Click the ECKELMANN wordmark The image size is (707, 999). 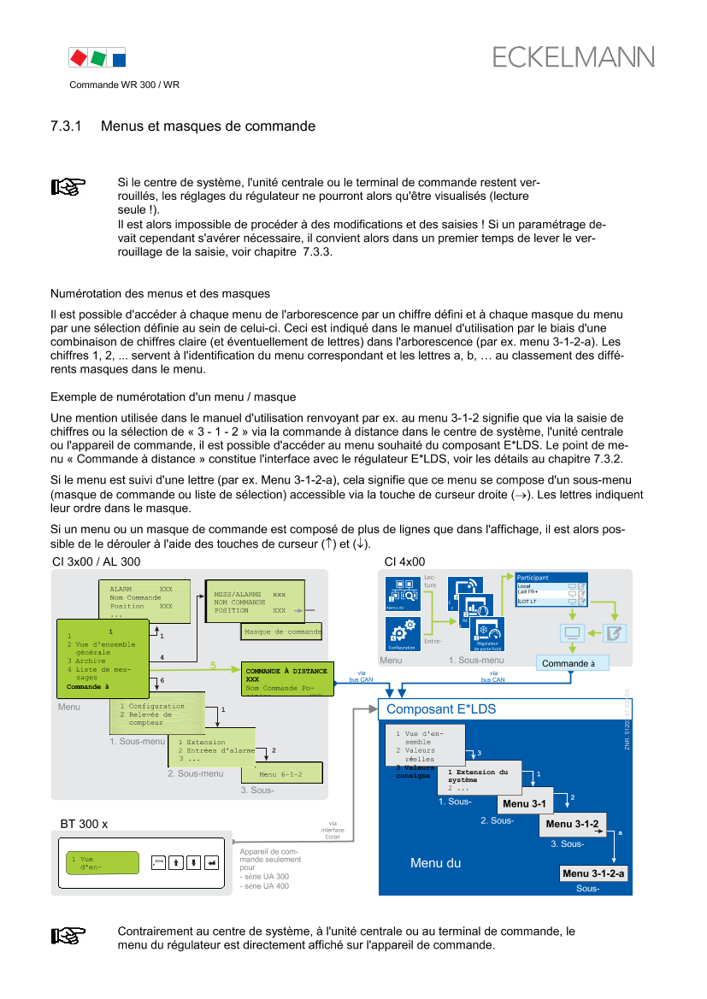coord(573,57)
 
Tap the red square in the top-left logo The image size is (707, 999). coord(78,58)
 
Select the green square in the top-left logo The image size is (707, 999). coord(99,58)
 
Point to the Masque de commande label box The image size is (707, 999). coord(281,632)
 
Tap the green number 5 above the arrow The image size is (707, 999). coord(213,665)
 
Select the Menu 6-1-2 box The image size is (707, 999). coord(282,774)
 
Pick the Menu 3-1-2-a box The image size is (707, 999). coord(594,873)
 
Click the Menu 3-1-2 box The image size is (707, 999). coord(572,824)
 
